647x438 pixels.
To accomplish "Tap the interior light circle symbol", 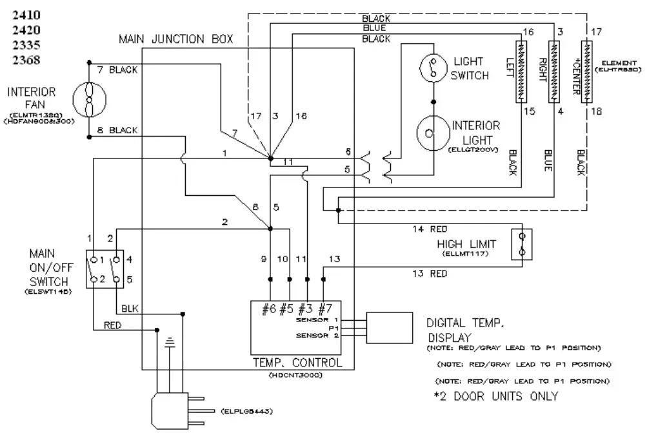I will point(433,133).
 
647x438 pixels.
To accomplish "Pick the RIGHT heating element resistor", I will point(553,71).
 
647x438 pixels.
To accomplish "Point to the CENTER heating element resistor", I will point(587,71).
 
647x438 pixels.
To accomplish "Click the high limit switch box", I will point(521,245).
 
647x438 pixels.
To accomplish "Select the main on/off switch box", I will point(104,270).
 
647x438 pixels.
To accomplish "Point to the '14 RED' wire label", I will point(429,229).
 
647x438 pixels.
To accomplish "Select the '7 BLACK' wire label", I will point(117,70).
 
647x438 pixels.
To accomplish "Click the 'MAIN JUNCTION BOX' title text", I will point(175,39).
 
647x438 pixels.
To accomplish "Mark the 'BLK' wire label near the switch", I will point(130,308).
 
